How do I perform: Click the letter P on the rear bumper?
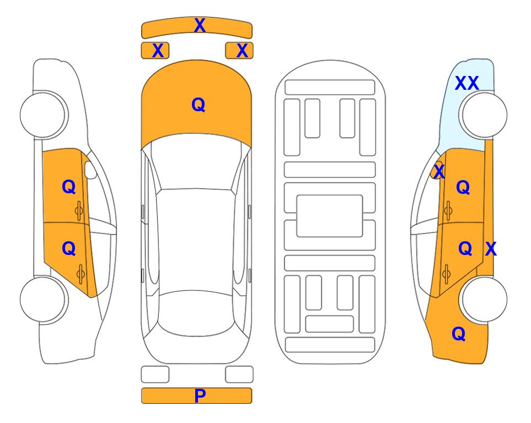click(200, 395)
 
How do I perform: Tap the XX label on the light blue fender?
click(466, 83)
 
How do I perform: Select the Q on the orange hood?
click(198, 105)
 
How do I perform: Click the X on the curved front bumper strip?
click(200, 25)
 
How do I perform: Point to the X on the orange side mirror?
click(438, 171)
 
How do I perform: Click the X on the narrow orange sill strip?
click(491, 249)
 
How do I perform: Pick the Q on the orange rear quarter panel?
click(459, 334)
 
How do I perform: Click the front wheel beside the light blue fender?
click(483, 115)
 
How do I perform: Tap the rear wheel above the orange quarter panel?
click(483, 299)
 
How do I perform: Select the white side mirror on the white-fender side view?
click(90, 170)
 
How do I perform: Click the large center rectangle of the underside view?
click(330, 216)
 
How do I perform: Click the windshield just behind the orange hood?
click(196, 162)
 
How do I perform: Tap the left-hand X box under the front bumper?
click(155, 51)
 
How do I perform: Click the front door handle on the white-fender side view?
click(79, 211)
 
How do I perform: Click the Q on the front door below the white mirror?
click(69, 187)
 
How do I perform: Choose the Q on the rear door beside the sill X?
click(465, 248)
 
